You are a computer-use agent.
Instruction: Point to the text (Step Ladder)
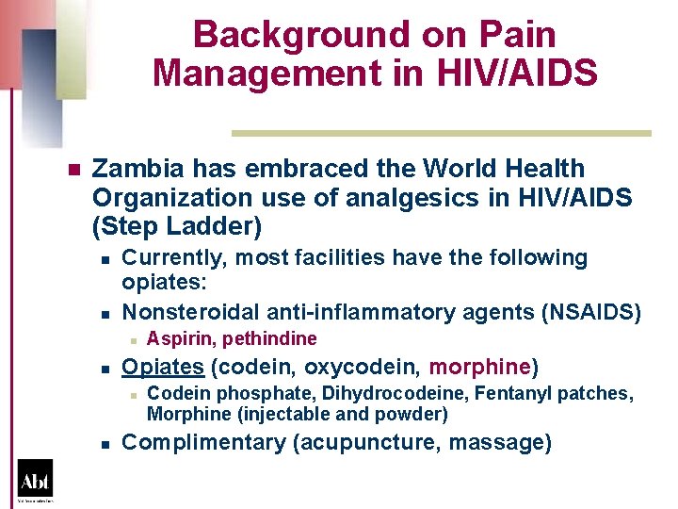click(177, 227)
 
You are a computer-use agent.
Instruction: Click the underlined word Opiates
click(163, 366)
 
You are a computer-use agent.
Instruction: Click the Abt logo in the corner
click(35, 479)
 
